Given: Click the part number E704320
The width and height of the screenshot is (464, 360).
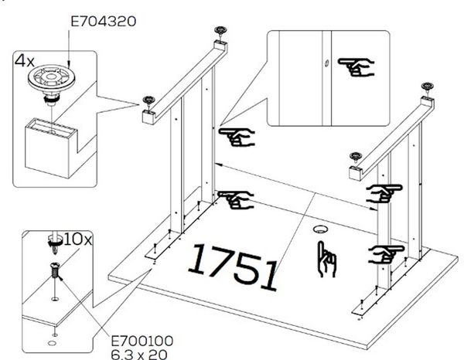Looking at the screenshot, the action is pos(104,22).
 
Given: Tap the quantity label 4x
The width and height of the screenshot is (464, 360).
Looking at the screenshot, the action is pos(25,61).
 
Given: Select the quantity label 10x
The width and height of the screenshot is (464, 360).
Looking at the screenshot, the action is pos(77,239).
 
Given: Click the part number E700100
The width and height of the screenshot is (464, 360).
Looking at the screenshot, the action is pos(142,341).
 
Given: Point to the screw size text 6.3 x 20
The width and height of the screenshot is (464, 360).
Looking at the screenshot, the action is pos(139,355).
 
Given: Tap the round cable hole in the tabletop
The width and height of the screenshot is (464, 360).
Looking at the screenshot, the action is pos(320,229).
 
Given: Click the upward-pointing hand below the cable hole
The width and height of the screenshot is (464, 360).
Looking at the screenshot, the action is pos(326,260).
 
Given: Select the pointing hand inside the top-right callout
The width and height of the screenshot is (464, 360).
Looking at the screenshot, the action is pos(357,67).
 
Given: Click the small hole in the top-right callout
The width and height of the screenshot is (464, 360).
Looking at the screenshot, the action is pos(326,63).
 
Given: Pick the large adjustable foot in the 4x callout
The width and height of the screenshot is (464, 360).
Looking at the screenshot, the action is pos(52,83).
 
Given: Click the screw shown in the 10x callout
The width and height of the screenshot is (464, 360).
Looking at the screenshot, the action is pos(55,270).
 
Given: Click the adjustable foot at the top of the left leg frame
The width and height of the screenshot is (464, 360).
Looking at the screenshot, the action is pos(220,31).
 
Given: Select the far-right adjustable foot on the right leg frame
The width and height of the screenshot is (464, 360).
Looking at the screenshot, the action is pos(428,87).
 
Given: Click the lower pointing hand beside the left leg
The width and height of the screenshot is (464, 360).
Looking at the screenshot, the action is pos(236,200).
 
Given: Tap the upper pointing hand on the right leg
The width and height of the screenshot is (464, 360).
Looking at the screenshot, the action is pos(384,193).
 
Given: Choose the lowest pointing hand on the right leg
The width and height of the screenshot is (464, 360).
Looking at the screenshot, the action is pos(386,254).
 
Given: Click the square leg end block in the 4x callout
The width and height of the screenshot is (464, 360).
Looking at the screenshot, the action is pos(50,148).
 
